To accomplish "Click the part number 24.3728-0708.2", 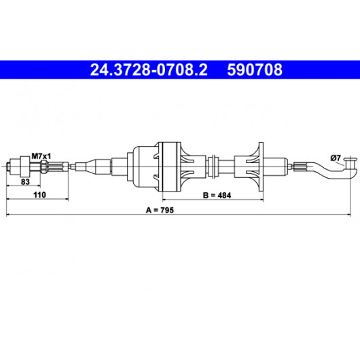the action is (149, 70).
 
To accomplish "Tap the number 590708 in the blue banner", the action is (255, 70).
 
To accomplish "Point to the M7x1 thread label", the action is (41, 156).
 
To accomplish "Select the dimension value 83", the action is (25, 182).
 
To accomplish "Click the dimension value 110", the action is (39, 195).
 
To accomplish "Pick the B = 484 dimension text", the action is (217, 196).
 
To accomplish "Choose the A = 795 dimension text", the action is (160, 210).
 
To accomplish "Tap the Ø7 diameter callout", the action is (336, 158).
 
